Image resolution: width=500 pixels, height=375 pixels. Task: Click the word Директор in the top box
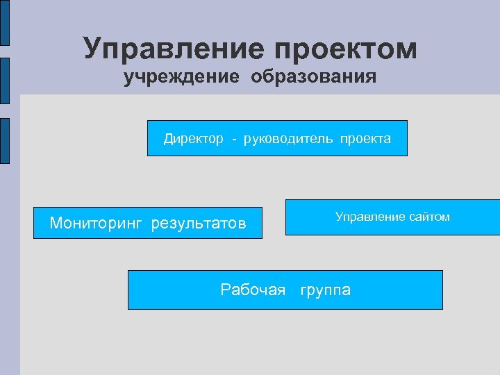coord(194,139)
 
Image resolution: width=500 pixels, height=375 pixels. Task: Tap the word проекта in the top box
coord(365,139)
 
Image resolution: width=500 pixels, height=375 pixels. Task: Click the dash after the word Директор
coord(235,140)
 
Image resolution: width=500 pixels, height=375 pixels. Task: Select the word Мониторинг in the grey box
coord(96,224)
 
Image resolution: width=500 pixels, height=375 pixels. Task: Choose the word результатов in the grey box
coord(199,224)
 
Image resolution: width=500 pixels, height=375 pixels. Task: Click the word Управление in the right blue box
coord(369,217)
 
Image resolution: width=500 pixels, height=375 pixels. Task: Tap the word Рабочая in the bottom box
coord(253,290)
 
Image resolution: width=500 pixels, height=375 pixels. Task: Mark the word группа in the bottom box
coord(325,290)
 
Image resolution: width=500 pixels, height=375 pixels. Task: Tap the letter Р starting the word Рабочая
coord(225,290)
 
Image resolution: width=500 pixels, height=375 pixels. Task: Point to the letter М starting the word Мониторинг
coord(56,224)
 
